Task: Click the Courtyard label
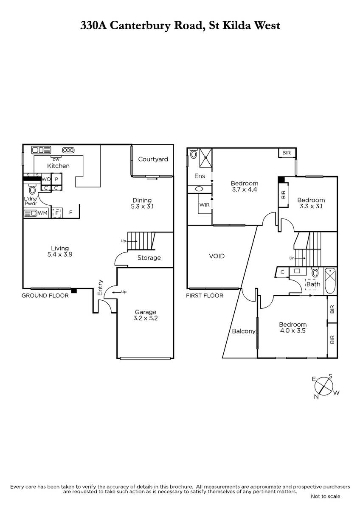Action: pos(153,159)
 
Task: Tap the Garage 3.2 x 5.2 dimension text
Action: pos(146,319)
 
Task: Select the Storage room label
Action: pos(149,258)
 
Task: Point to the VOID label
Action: pos(217,256)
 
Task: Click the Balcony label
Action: pos(244,331)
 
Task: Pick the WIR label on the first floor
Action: pos(205,205)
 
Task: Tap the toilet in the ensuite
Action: pos(193,154)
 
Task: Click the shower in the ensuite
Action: pos(205,158)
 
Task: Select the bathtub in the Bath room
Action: pos(330,281)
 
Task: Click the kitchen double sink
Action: pos(41,150)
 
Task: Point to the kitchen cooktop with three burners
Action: pos(68,150)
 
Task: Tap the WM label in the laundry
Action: pos(43,213)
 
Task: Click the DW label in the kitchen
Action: pos(56,159)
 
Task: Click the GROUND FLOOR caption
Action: pos(45,296)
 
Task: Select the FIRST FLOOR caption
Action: pos(205,296)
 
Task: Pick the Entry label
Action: pos(100,288)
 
